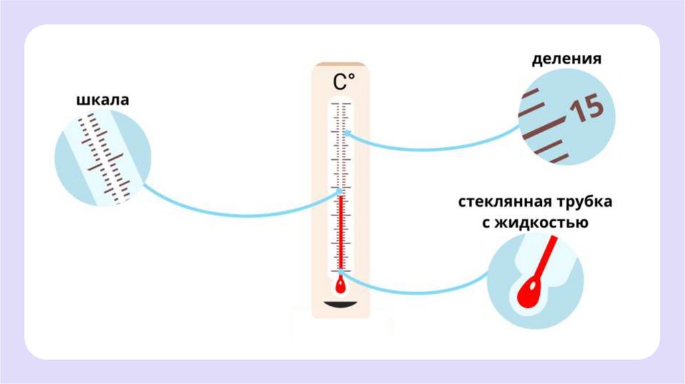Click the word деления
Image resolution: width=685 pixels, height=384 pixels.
coord(567,59)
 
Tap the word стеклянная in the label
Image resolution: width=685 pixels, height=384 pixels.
coord(500,203)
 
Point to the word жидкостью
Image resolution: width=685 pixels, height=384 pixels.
coord(542,223)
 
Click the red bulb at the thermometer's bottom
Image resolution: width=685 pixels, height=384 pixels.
coord(341,286)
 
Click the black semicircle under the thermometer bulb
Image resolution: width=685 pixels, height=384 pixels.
coord(341,306)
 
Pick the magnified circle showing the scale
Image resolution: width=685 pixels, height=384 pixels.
coord(102,159)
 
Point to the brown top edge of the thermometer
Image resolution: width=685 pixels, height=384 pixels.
coord(341,65)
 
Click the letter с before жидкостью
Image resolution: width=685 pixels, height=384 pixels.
coord(486,223)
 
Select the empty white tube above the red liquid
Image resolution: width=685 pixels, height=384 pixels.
coord(341,147)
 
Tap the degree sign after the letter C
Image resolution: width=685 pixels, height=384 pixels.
coord(352,78)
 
